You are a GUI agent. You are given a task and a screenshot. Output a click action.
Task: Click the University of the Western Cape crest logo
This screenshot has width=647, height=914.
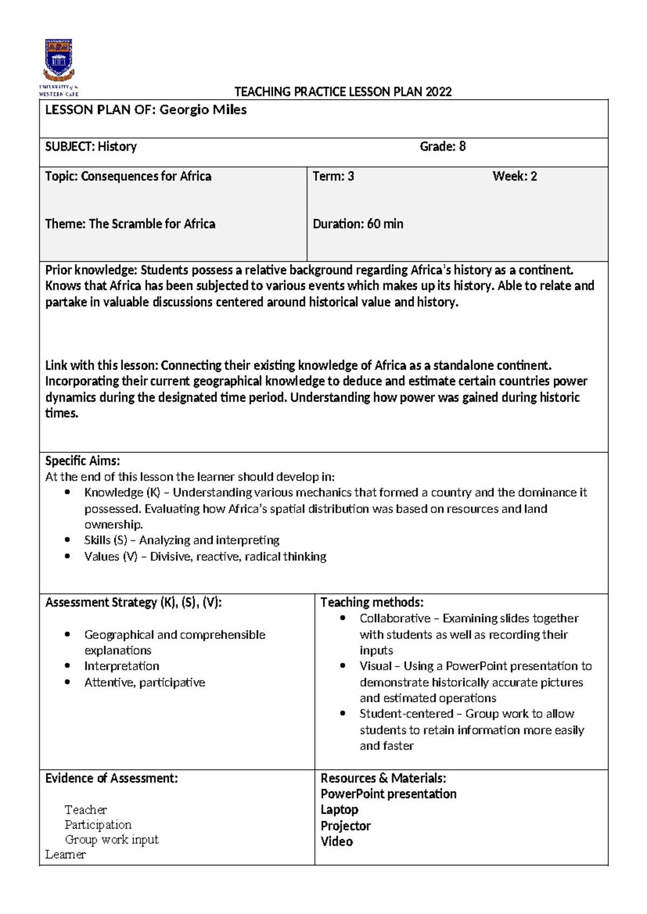(x=58, y=59)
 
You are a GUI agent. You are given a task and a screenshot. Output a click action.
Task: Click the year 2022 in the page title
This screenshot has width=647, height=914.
(x=438, y=92)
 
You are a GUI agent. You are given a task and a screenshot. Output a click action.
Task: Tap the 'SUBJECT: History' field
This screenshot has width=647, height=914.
(x=91, y=147)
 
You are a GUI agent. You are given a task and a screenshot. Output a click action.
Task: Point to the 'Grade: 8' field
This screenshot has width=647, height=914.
(x=442, y=147)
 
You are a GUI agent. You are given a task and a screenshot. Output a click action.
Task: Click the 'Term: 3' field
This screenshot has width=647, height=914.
(x=333, y=176)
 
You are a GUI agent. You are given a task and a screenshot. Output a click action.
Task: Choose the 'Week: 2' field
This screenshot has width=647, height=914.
(x=514, y=176)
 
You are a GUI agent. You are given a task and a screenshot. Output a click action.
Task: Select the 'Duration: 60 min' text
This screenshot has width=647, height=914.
(x=357, y=224)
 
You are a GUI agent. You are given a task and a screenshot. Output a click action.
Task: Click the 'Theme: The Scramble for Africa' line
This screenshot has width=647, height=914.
(x=130, y=224)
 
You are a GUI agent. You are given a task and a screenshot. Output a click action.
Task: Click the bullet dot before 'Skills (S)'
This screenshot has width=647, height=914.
(x=67, y=539)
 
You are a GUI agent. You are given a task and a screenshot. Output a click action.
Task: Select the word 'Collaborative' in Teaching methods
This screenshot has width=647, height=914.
(x=395, y=618)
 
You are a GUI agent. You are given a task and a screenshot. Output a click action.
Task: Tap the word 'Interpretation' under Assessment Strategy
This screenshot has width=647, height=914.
(x=121, y=666)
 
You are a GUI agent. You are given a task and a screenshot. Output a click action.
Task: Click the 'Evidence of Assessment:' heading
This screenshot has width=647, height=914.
(x=111, y=778)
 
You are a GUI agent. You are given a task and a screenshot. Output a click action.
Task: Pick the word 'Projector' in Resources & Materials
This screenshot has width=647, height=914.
(x=346, y=826)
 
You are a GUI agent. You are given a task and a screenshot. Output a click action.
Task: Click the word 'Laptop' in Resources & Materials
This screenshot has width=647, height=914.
(x=339, y=809)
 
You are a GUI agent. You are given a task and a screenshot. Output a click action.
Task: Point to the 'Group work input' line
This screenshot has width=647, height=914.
(x=112, y=840)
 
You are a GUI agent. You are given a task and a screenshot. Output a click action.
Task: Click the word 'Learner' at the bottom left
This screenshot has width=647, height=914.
(x=65, y=855)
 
